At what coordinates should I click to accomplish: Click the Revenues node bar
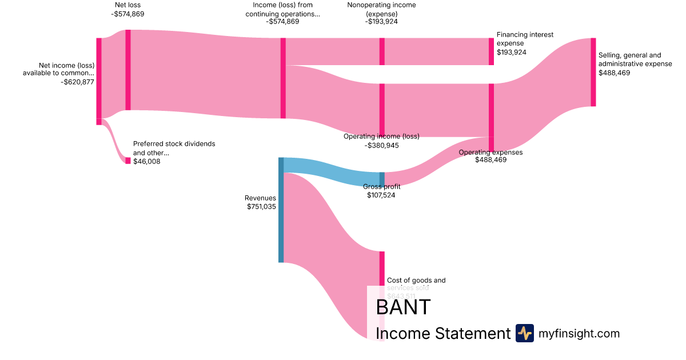[x=281, y=210]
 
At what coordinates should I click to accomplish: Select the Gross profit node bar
[x=382, y=179]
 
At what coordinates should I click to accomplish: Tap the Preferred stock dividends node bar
[x=128, y=161]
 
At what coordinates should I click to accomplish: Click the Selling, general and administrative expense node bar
[x=593, y=72]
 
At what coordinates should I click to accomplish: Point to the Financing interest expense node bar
[x=491, y=51]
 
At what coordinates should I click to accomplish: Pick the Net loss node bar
[x=128, y=70]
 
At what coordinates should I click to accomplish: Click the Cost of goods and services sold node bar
[x=382, y=269]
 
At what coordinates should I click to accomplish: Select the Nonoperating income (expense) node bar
[x=382, y=51]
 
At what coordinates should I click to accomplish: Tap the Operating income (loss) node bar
[x=382, y=110]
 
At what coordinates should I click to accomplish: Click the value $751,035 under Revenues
[x=261, y=207]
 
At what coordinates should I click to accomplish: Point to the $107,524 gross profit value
[x=381, y=195]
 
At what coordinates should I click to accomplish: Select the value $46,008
[x=147, y=162]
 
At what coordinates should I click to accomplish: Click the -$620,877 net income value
[x=77, y=82]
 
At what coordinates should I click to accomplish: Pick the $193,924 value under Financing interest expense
[x=511, y=52]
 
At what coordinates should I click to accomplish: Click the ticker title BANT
[x=402, y=307]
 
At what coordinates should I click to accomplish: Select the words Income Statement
[x=442, y=334]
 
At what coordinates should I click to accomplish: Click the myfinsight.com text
[x=579, y=334]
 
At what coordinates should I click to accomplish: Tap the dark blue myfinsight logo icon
[x=524, y=333]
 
